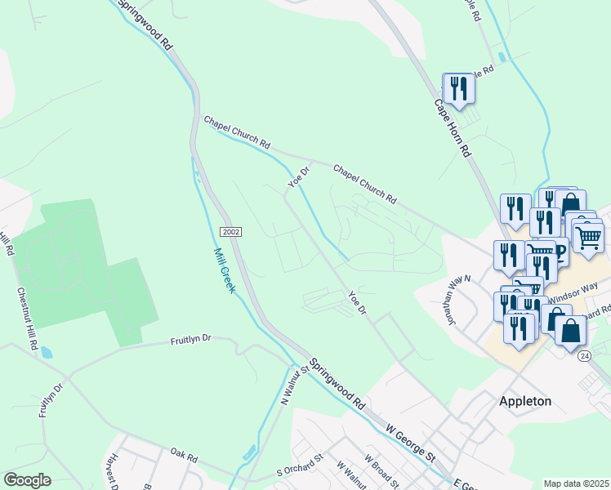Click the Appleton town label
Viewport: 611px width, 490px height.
point(525,401)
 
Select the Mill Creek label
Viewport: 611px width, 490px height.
point(225,270)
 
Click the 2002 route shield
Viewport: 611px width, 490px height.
point(231,232)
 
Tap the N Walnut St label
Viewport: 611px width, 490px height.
point(293,385)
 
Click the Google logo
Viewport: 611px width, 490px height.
point(27,480)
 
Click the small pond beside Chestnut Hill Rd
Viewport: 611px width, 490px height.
point(46,354)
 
